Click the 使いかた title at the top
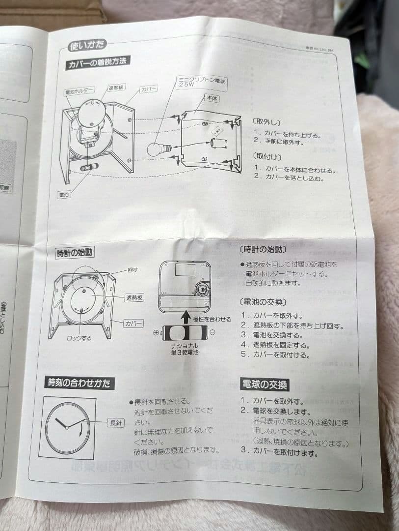tap(87, 46)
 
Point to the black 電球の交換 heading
tap(264, 384)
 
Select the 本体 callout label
tap(211, 99)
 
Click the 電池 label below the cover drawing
tap(64, 194)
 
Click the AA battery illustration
tap(185, 332)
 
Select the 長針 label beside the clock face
tap(116, 422)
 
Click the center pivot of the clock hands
tap(67, 428)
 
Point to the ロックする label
tap(79, 338)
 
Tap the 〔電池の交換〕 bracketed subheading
tap(263, 301)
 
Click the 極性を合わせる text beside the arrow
tap(212, 319)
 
